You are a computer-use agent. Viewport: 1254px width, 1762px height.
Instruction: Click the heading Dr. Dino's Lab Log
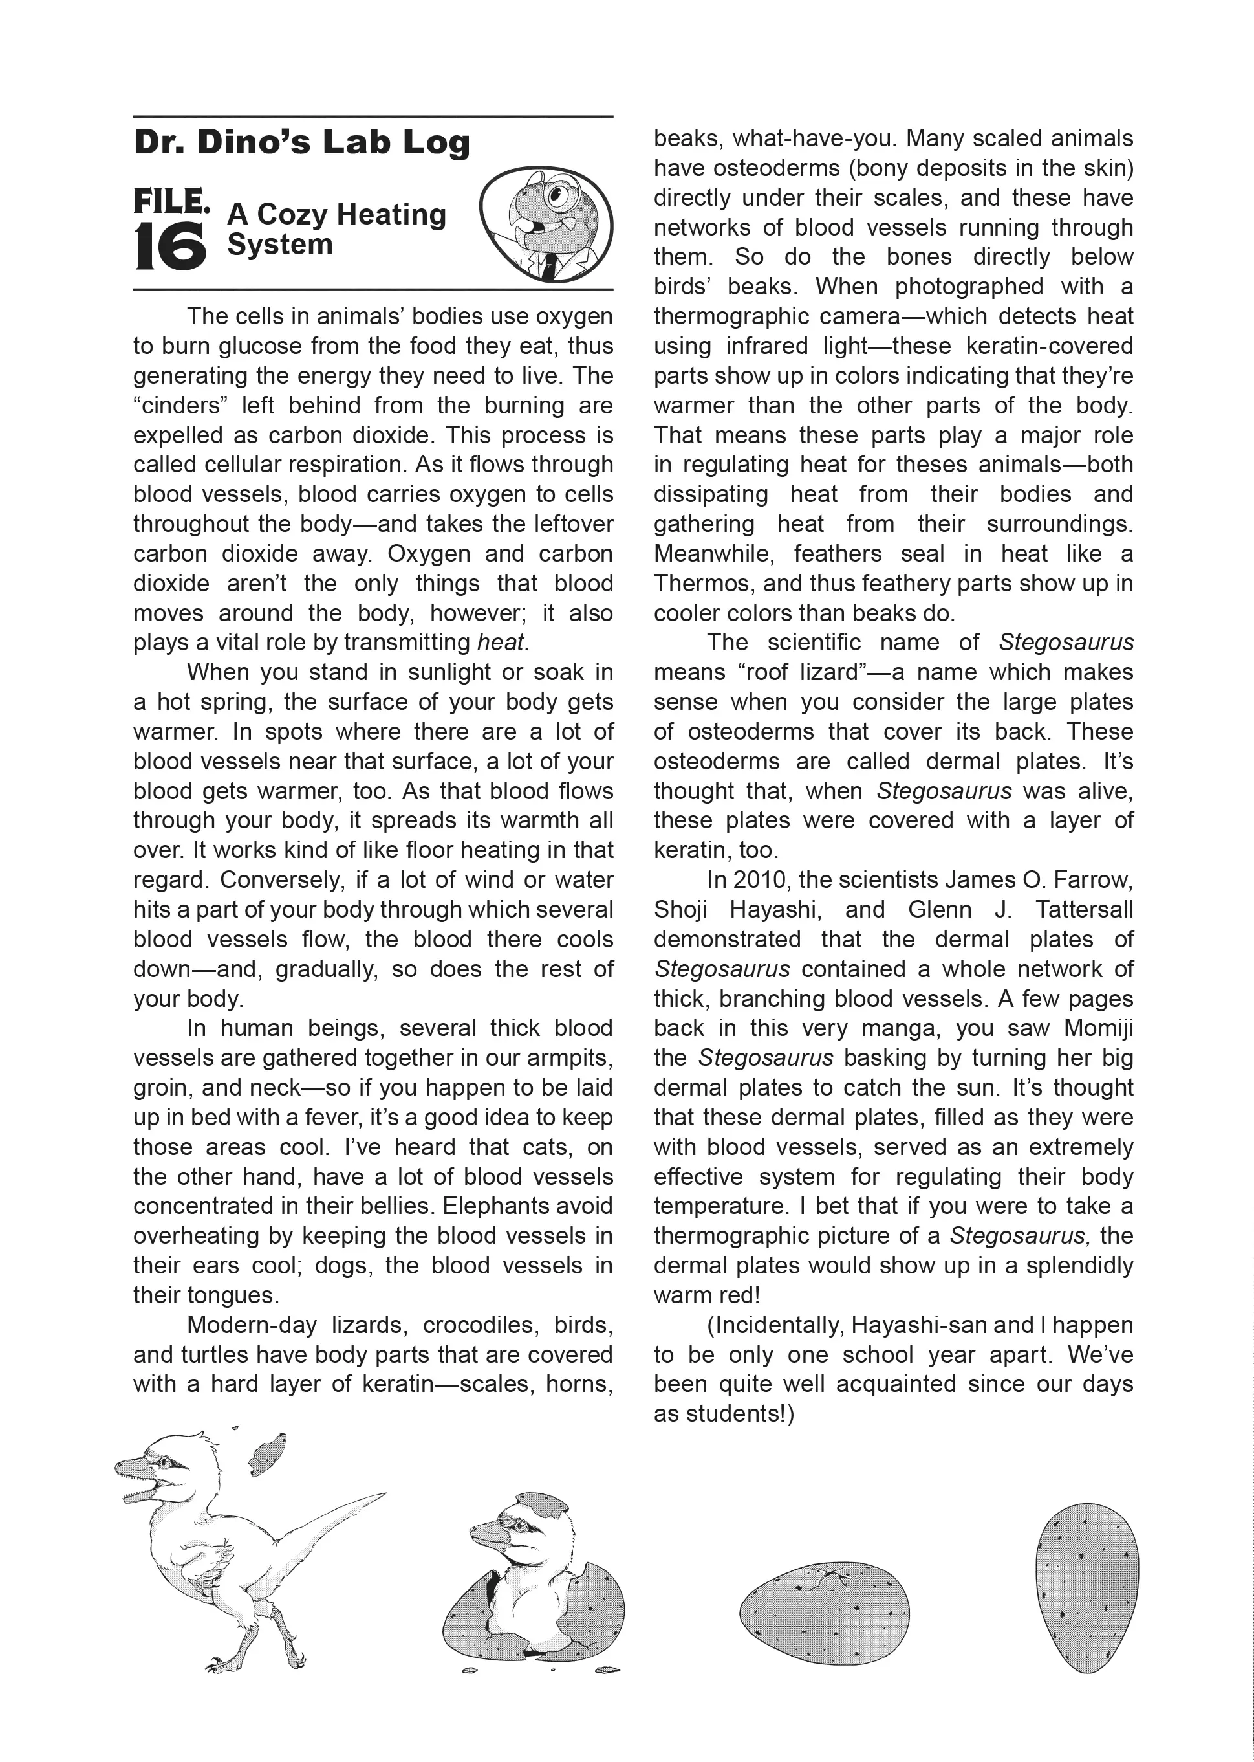click(301, 143)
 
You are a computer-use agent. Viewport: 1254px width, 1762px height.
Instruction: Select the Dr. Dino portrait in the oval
click(546, 223)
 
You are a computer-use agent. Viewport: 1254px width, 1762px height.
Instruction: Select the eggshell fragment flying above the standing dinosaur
click(267, 1452)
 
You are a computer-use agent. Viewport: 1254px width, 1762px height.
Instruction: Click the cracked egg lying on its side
click(825, 1614)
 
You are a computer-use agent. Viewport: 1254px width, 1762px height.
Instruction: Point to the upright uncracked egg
click(1086, 1587)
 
